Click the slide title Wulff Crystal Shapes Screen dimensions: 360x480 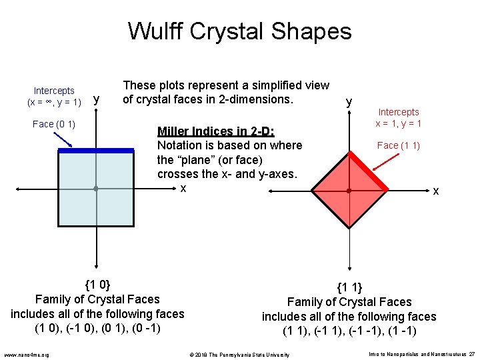click(x=239, y=31)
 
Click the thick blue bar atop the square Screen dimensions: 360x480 click(x=96, y=151)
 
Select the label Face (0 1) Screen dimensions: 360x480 click(x=54, y=124)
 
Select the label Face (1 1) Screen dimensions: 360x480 click(x=398, y=145)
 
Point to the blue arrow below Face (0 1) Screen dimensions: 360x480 click(x=64, y=139)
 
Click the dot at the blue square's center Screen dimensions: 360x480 click(x=96, y=189)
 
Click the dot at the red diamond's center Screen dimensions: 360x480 click(x=349, y=191)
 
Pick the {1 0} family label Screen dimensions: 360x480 click(x=97, y=285)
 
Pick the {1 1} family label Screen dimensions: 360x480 click(x=349, y=288)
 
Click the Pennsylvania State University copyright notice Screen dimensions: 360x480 click(x=239, y=354)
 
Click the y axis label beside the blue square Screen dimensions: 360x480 click(x=97, y=99)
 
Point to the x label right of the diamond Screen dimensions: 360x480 click(x=436, y=191)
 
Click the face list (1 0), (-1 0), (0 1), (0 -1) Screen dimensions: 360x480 click(x=97, y=328)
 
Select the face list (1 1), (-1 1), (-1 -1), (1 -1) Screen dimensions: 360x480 click(x=349, y=331)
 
